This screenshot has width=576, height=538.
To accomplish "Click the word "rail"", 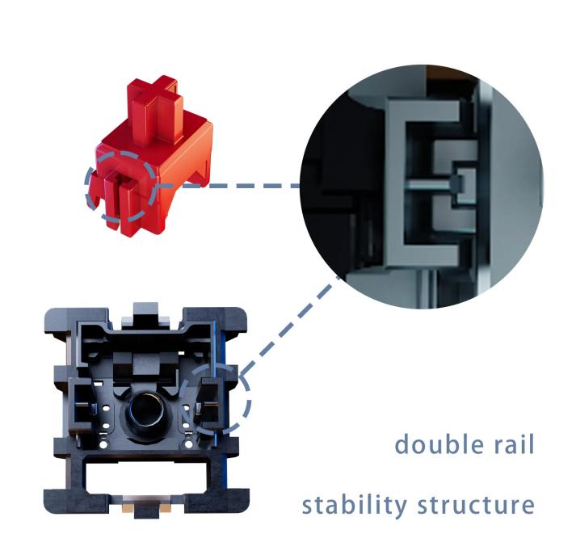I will [x=514, y=444].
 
